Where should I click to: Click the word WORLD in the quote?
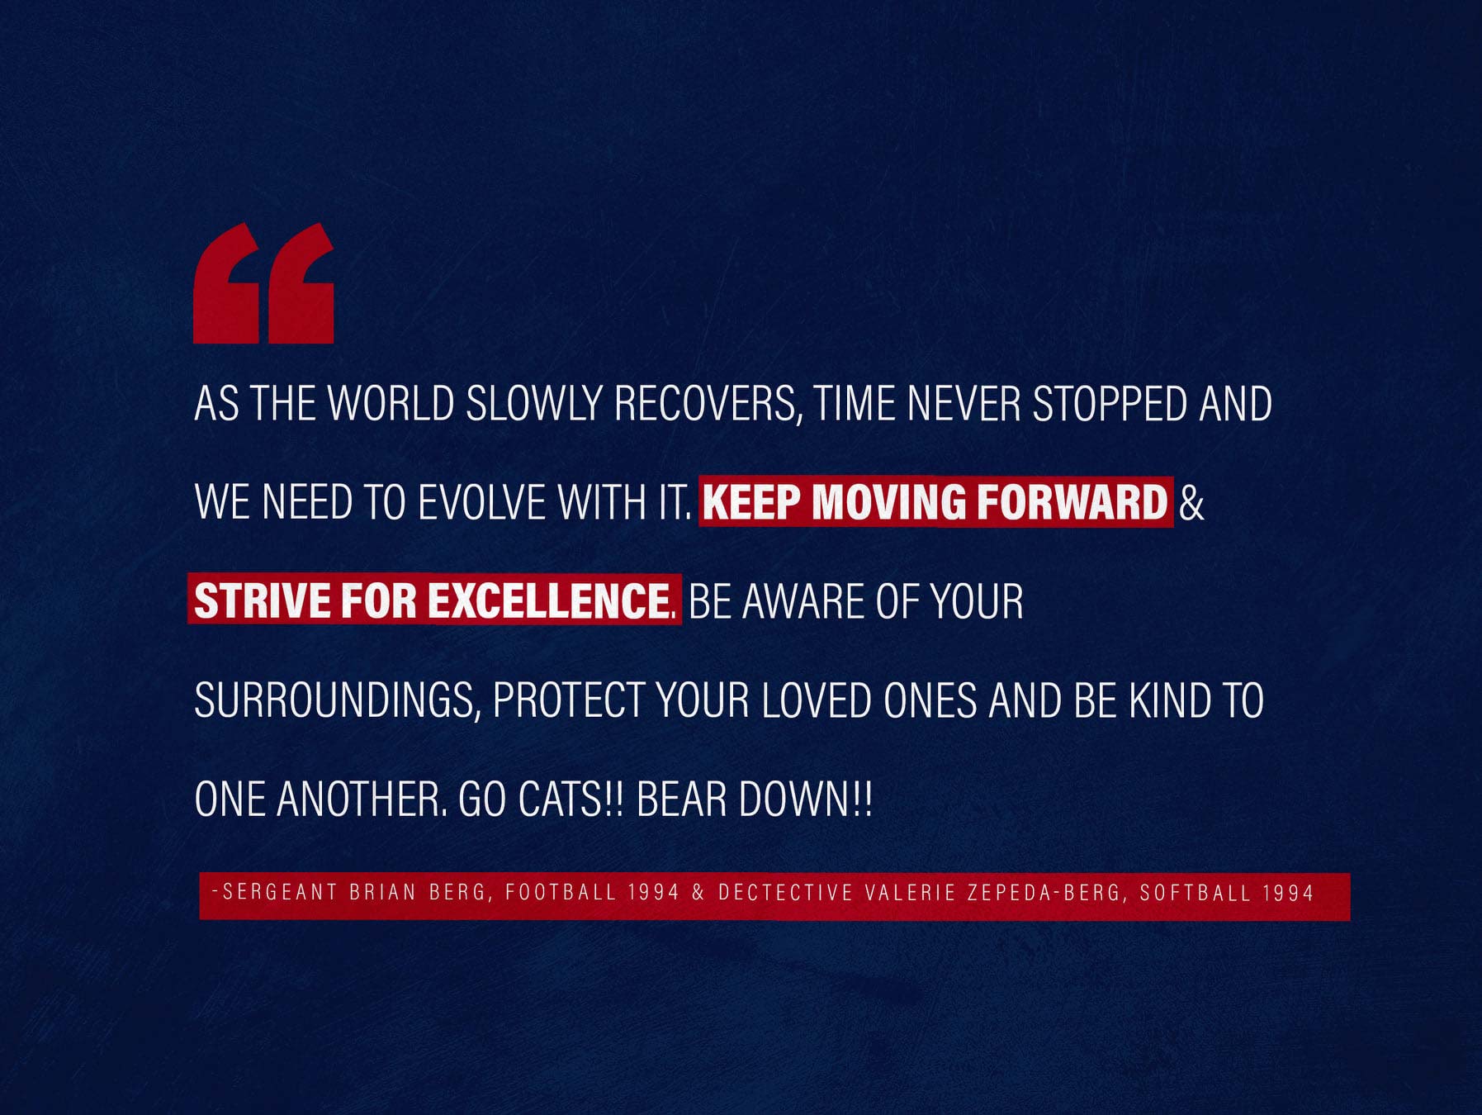point(391,404)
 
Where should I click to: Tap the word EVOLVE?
point(481,502)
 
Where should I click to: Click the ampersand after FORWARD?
point(1191,502)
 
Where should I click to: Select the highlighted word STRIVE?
point(263,600)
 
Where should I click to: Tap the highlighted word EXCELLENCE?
point(549,600)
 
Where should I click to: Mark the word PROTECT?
point(568,700)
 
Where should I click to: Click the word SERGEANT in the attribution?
point(279,892)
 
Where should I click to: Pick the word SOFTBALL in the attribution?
point(1196,892)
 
